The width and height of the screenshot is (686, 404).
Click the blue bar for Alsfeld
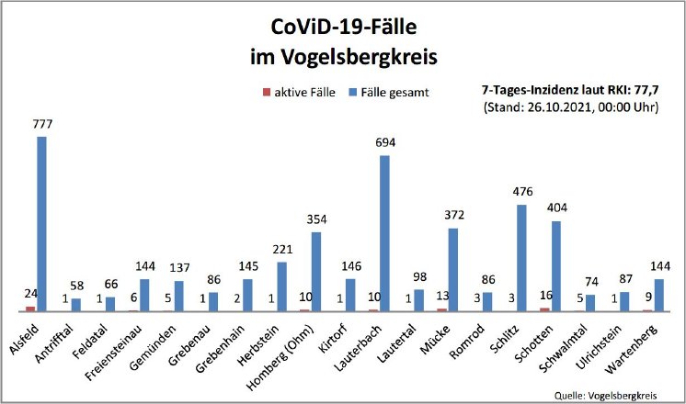41,224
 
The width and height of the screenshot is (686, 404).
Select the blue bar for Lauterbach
384,233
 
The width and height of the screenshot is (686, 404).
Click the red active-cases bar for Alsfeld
30,309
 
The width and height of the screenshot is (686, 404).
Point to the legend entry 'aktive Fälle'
299,93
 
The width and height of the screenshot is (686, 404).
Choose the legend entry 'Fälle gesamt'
393,93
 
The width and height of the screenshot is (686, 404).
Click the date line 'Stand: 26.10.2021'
570,107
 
